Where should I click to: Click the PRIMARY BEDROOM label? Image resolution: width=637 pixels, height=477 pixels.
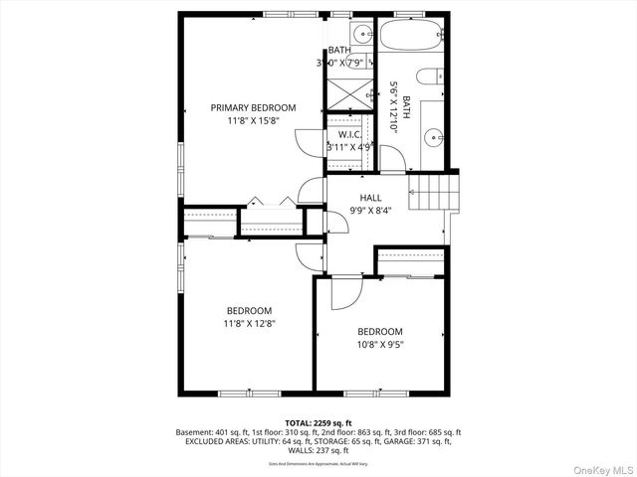pyautogui.click(x=252, y=107)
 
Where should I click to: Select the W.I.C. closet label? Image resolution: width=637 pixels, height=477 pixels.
pyautogui.click(x=348, y=134)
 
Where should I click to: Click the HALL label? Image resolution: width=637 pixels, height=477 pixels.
pyautogui.click(x=370, y=198)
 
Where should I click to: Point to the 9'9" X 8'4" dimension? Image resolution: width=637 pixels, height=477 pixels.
pyautogui.click(x=370, y=210)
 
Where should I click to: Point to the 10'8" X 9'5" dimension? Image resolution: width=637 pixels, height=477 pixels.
pyautogui.click(x=380, y=344)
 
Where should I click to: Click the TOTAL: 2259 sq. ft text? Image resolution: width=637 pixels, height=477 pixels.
pyautogui.click(x=318, y=422)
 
